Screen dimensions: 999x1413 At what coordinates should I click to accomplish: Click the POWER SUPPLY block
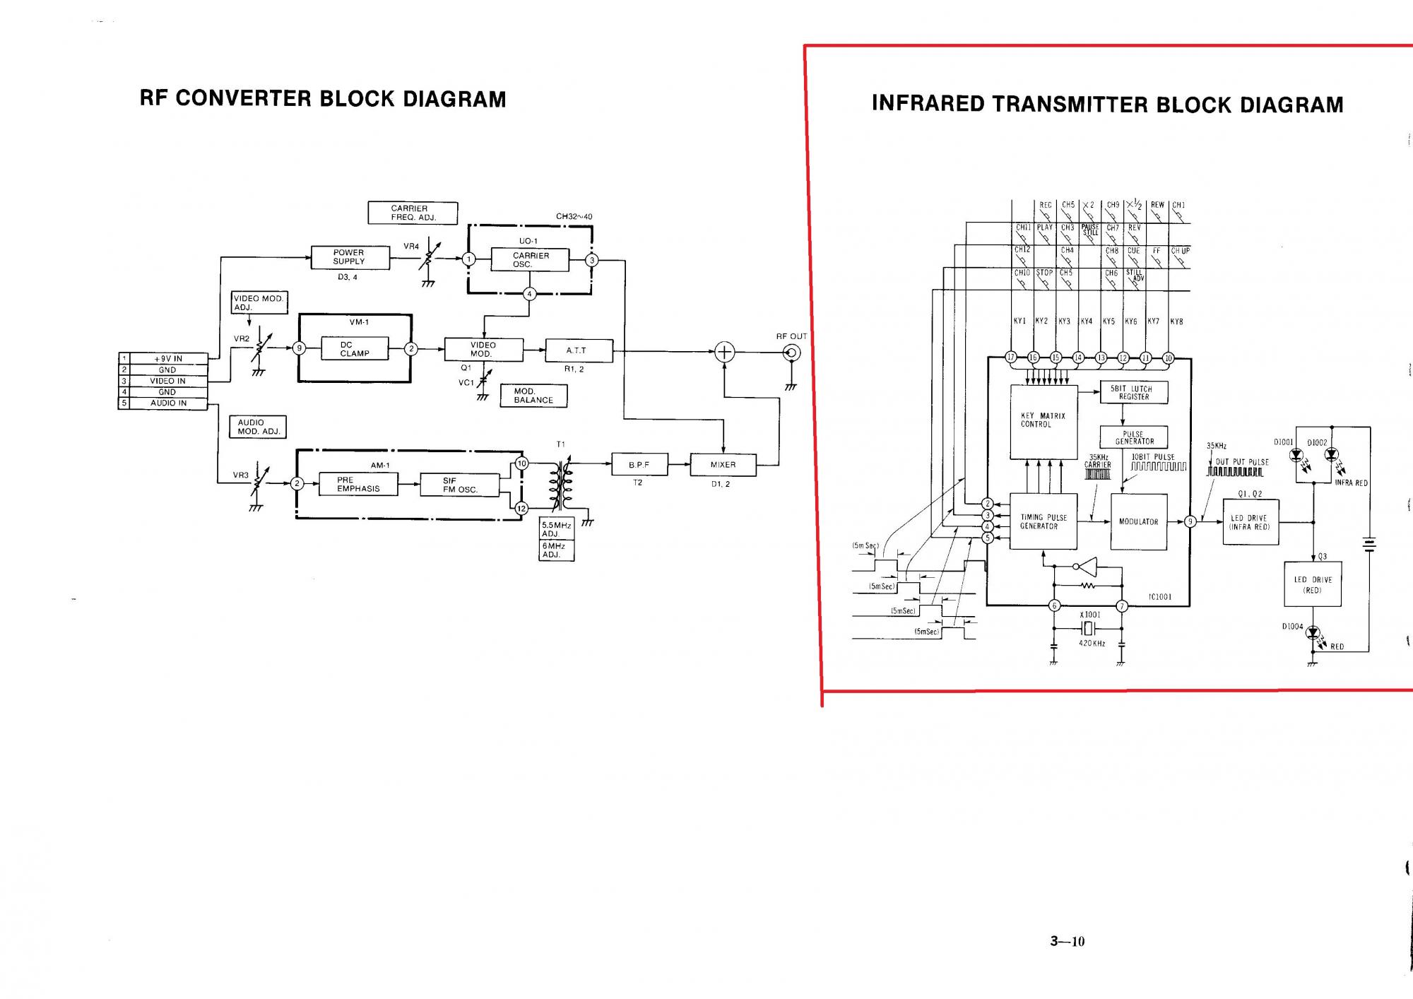point(350,257)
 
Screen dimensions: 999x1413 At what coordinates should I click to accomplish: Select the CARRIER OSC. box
point(529,260)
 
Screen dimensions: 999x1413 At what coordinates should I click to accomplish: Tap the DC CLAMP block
point(354,349)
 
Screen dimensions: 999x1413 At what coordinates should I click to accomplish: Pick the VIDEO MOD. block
point(483,350)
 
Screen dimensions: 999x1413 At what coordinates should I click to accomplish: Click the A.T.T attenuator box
point(579,350)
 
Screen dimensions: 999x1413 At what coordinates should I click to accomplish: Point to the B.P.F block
point(638,465)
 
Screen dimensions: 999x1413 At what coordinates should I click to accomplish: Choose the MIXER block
point(723,465)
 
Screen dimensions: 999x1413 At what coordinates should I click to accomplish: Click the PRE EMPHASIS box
point(357,484)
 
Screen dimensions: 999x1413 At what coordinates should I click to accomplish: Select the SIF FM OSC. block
point(459,485)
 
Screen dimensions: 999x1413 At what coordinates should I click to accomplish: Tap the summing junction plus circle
point(724,352)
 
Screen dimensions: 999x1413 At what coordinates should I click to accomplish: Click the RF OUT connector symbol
point(793,353)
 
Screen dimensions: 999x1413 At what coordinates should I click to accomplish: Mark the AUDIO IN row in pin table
point(168,403)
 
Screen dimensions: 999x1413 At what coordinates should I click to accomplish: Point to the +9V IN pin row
point(168,359)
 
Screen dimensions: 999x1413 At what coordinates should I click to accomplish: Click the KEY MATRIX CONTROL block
point(1044,420)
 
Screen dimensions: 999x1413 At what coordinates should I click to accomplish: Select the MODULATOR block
point(1138,521)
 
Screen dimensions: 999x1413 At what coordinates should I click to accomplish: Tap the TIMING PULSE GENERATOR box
point(1044,521)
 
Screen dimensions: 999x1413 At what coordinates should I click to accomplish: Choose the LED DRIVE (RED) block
point(1312,584)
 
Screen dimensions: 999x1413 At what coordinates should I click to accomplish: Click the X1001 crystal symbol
point(1089,629)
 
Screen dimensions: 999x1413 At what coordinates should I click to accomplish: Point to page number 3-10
point(1067,941)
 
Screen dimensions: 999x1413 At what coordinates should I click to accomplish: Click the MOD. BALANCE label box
point(533,396)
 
